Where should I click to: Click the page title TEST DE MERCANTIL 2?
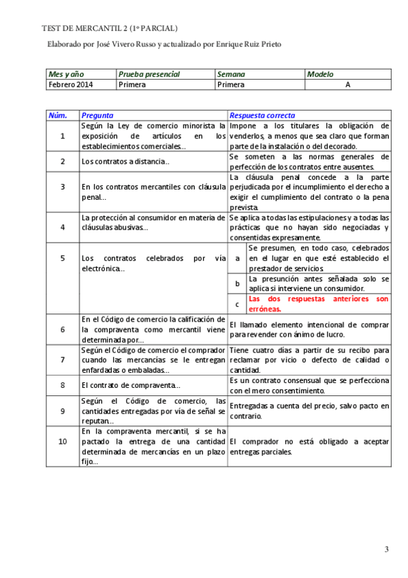click(110, 28)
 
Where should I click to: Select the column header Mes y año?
click(65, 74)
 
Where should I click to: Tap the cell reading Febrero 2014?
click(71, 85)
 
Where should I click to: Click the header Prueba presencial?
click(149, 74)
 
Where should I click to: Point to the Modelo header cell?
click(321, 74)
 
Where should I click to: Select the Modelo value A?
click(347, 85)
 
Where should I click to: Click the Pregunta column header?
click(97, 115)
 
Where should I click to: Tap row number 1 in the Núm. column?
click(62, 136)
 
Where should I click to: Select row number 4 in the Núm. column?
click(62, 228)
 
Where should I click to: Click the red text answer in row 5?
click(318, 303)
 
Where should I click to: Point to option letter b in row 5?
click(236, 284)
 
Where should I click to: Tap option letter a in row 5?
click(236, 258)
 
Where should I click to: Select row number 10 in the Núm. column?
click(62, 442)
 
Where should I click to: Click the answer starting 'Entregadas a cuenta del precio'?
click(309, 410)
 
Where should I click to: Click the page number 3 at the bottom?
click(386, 549)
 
